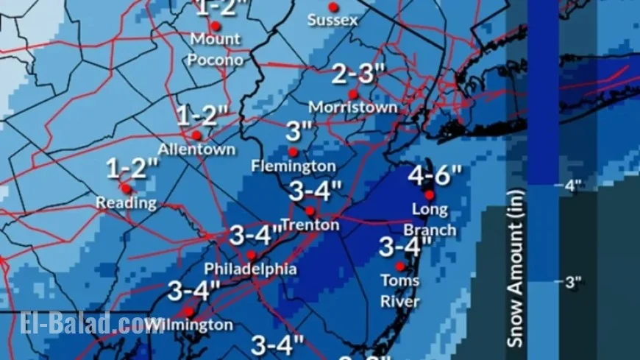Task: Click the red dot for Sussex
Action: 333,7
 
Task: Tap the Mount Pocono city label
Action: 216,49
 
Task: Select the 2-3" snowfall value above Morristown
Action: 359,74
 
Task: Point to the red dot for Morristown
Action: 353,94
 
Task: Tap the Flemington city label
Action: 293,166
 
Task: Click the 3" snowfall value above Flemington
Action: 299,132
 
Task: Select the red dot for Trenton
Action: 310,211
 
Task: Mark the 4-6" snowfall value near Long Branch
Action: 435,176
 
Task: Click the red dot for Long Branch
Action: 430,195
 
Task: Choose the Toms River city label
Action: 400,291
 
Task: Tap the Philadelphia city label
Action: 250,269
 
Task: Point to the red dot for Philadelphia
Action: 252,255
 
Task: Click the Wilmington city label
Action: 191,325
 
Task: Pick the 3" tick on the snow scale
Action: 572,282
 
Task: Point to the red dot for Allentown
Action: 196,135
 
